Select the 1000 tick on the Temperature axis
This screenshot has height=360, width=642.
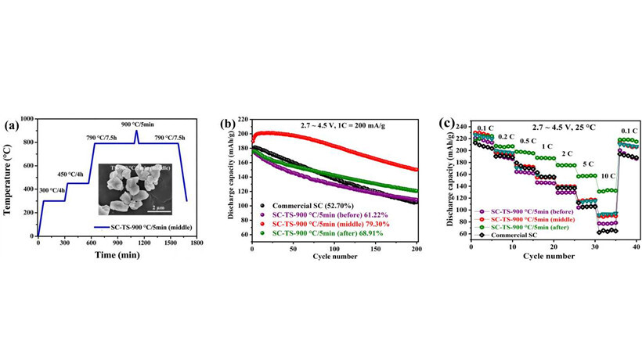click(28, 119)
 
